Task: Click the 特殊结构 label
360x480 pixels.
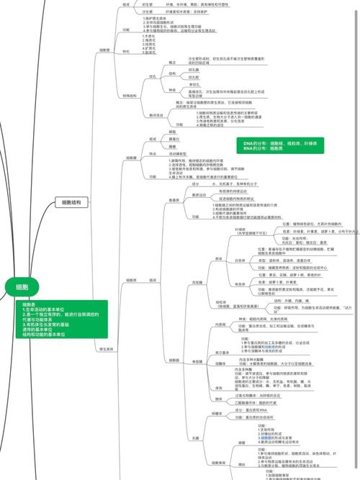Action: pyautogui.click(x=130, y=95)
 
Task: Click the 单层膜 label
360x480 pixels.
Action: pyautogui.click(x=197, y=361)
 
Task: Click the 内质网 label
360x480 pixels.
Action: pyautogui.click(x=212, y=325)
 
